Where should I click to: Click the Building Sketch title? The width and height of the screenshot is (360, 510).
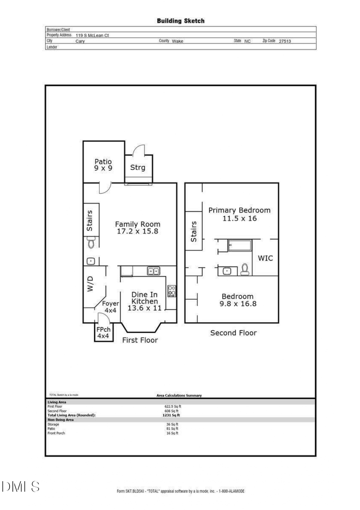pyautogui.click(x=180, y=21)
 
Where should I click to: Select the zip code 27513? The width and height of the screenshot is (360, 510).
pyautogui.click(x=285, y=41)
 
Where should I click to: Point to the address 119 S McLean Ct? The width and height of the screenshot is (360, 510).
pyautogui.click(x=92, y=35)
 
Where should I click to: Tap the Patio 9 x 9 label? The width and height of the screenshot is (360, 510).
pyautogui.click(x=103, y=165)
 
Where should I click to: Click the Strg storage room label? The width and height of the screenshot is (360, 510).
pyautogui.click(x=138, y=167)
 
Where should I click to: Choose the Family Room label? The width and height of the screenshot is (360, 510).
pyautogui.click(x=138, y=227)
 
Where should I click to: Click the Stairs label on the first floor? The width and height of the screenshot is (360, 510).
pyautogui.click(x=90, y=221)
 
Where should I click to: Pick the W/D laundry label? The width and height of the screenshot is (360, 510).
pyautogui.click(x=90, y=283)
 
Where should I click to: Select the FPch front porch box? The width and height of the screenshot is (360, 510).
pyautogui.click(x=103, y=333)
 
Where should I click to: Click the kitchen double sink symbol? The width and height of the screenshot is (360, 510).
pyautogui.click(x=153, y=271)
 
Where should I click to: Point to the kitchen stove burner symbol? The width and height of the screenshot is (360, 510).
pyautogui.click(x=172, y=291)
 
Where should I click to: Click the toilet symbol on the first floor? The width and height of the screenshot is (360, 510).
pyautogui.click(x=91, y=242)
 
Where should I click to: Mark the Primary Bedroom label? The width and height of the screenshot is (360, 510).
pyautogui.click(x=239, y=214)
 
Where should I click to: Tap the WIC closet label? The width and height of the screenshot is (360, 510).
pyautogui.click(x=265, y=258)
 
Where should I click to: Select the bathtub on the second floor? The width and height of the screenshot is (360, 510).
pyautogui.click(x=240, y=245)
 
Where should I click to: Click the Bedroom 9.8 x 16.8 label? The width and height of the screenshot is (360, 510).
pyautogui.click(x=238, y=300)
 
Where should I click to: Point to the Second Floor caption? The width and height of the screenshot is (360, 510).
pyautogui.click(x=233, y=333)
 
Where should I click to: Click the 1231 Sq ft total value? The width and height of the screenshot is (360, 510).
pyautogui.click(x=172, y=415)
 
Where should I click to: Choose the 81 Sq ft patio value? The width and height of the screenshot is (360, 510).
pyautogui.click(x=172, y=428)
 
